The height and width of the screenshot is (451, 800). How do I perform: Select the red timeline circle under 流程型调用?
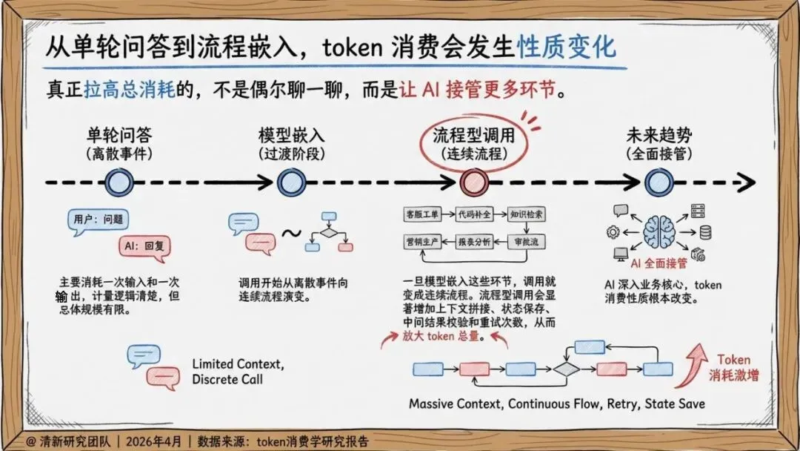tap(472, 182)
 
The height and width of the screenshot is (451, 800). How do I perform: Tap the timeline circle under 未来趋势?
tap(656, 182)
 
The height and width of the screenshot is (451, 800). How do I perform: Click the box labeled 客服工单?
tap(422, 214)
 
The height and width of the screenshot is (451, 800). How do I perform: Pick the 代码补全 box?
tap(474, 214)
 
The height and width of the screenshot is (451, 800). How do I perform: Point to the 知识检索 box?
tap(527, 214)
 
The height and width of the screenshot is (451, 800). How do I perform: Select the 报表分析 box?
tap(474, 242)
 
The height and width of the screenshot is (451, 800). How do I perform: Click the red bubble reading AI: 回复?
tap(147, 246)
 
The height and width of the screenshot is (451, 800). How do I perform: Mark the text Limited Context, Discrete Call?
tap(237, 372)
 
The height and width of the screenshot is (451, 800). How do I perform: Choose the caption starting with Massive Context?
tap(556, 404)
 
